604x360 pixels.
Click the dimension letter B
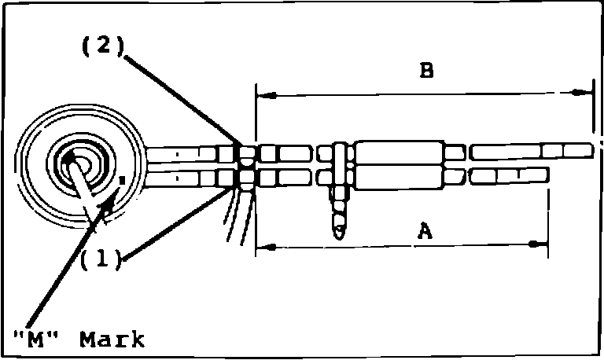425,72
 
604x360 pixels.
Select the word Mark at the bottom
112,340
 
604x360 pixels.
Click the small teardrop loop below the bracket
339,231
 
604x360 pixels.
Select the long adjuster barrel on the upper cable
399,152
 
